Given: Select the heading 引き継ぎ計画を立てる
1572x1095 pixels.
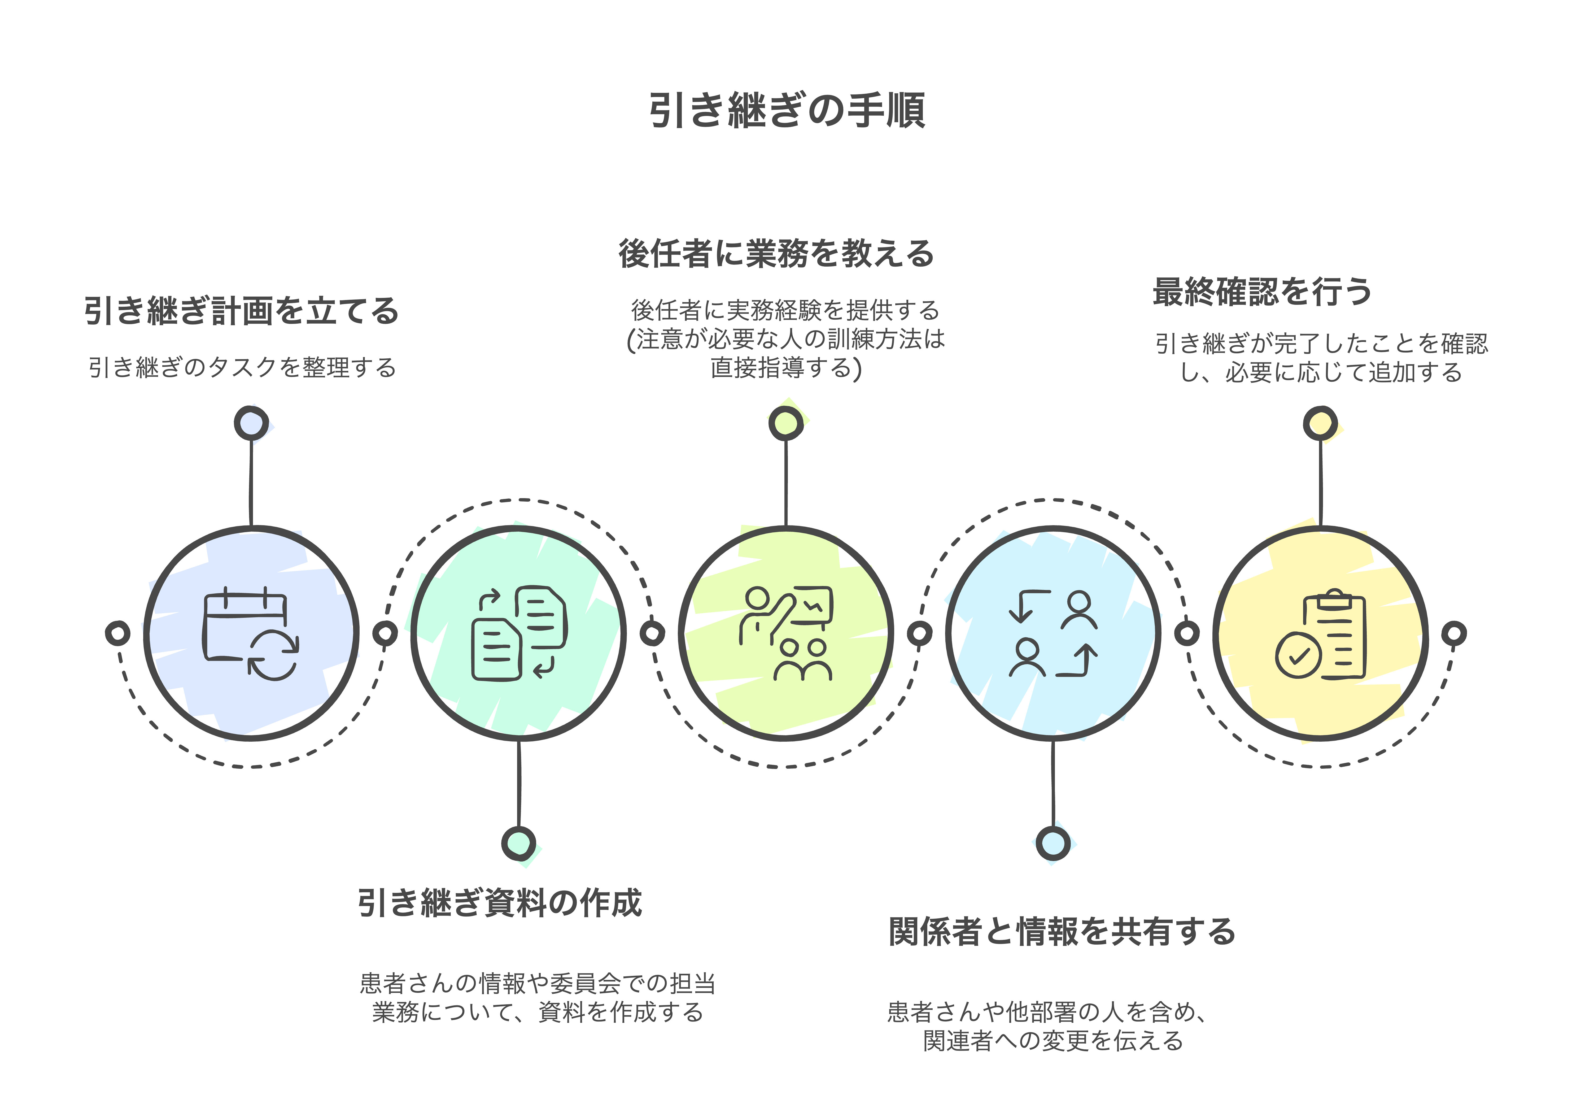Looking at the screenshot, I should pos(241,311).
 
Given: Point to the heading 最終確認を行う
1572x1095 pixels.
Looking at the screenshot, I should pos(1262,292).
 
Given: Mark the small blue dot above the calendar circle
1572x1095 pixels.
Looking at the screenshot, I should pos(251,423).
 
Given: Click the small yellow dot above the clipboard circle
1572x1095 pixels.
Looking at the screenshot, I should pos(1320,423).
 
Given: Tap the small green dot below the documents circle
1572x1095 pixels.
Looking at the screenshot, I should pos(519,844).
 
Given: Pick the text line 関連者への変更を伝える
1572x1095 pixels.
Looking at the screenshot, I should pos(1053,1041).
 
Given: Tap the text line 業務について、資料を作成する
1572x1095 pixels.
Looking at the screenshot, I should pos(538,1012).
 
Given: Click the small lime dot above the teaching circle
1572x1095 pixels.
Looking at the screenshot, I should pos(786,423).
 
